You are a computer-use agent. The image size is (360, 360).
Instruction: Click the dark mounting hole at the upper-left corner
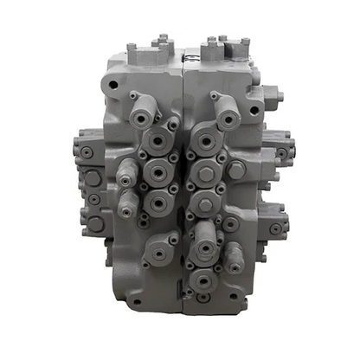[111, 85]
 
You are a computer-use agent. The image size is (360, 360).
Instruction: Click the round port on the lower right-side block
[275, 229]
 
